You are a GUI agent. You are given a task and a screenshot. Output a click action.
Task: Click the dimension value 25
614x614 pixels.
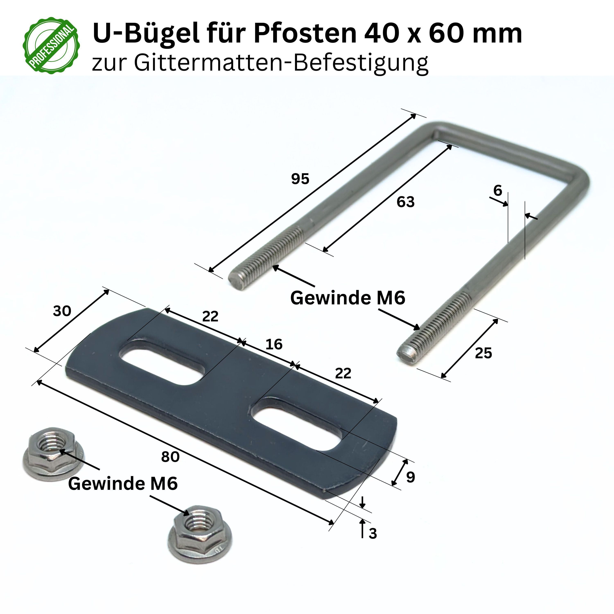point(483,353)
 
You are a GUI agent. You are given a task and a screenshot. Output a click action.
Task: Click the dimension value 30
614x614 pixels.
point(62,311)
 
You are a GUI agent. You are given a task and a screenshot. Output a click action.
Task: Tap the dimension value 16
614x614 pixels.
point(274,344)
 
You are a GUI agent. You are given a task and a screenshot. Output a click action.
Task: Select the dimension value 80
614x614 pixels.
point(170,457)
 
